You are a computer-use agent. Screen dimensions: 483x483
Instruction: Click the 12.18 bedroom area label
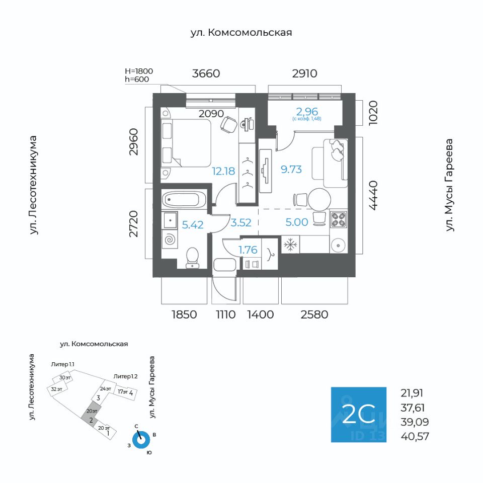223,171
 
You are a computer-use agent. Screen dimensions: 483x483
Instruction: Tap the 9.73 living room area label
291,170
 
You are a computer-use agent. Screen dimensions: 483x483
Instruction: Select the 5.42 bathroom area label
192,225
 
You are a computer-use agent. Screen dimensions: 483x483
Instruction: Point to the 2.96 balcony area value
306,111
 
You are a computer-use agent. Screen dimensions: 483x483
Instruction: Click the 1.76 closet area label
248,250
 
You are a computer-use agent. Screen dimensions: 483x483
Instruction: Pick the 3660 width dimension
206,73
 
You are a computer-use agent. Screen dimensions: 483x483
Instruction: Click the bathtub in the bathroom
184,199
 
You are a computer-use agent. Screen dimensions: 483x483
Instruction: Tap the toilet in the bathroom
192,257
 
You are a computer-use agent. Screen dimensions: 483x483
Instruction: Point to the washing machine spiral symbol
170,239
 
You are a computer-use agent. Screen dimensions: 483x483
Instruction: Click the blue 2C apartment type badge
358,415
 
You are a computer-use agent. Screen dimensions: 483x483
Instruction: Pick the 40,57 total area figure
415,436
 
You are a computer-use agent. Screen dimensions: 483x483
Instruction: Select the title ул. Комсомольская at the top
241,33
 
